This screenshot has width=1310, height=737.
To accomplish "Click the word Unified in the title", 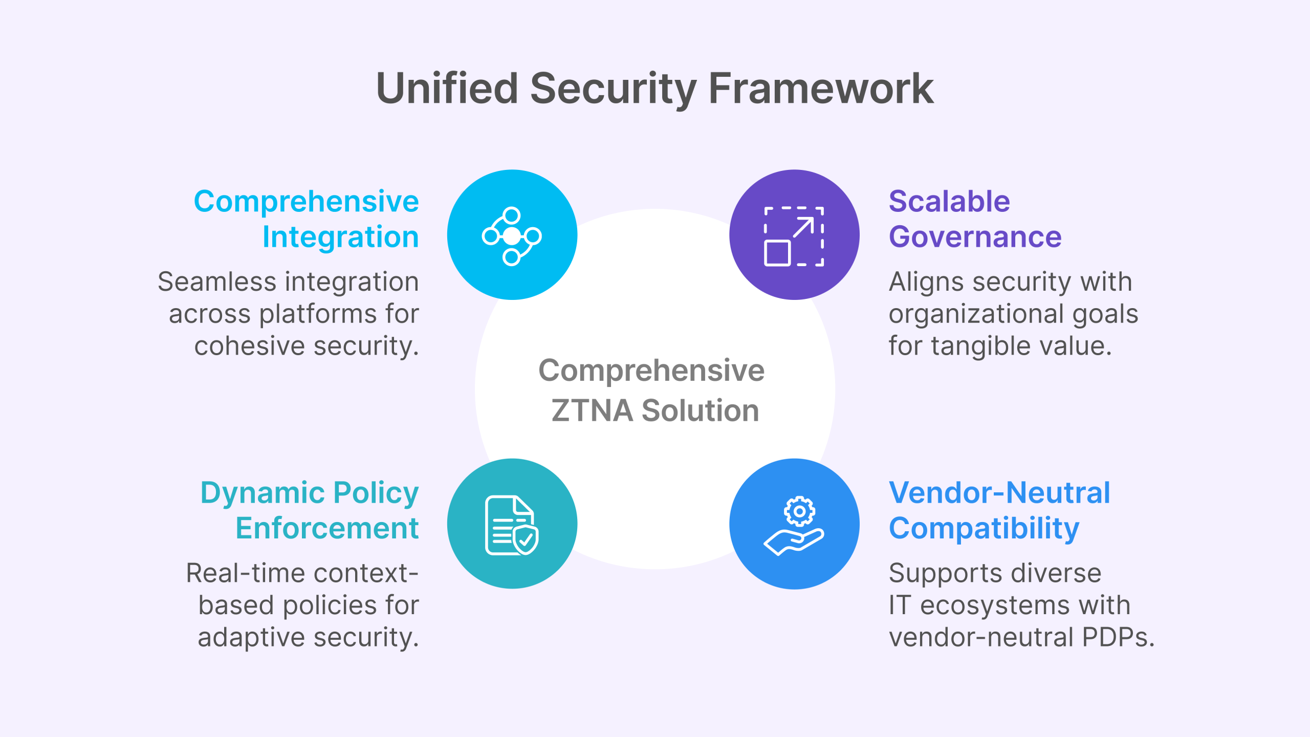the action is pyautogui.click(x=447, y=88).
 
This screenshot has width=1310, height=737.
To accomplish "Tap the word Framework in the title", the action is pyautogui.click(x=821, y=88).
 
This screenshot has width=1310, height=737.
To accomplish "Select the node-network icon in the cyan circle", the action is pyautogui.click(x=512, y=236).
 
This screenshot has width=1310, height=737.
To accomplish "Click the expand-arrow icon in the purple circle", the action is pyautogui.click(x=794, y=236).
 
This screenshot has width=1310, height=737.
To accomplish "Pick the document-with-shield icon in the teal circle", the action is pyautogui.click(x=512, y=525).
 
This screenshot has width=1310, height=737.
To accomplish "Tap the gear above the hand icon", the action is pyautogui.click(x=799, y=511).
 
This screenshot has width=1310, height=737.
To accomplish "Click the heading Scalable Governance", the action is pyautogui.click(x=975, y=219).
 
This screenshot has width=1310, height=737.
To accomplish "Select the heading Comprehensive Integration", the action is pyautogui.click(x=307, y=219).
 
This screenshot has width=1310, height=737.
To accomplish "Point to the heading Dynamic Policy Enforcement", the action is pyautogui.click(x=310, y=510).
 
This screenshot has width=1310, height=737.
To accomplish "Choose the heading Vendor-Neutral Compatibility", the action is pyautogui.click(x=999, y=510).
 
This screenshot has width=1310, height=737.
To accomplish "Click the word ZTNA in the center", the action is pyautogui.click(x=592, y=410).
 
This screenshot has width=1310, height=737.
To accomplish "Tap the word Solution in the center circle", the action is pyautogui.click(x=701, y=410).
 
